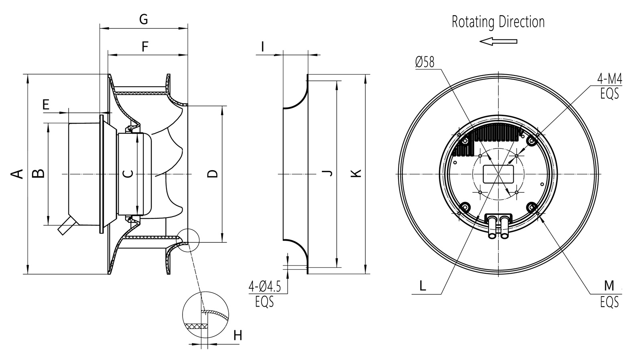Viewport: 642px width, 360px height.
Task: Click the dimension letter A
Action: pyautogui.click(x=16, y=174)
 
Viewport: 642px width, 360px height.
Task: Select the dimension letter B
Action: pyautogui.click(x=38, y=173)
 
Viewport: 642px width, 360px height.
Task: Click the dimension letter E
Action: pyautogui.click(x=46, y=105)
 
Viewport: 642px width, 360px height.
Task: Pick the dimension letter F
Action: pyautogui.click(x=145, y=47)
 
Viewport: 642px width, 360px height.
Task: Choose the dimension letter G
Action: pyautogui.click(x=143, y=19)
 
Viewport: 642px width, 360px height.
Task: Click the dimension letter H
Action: pyautogui.click(x=238, y=336)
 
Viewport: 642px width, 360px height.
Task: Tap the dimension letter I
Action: pyautogui.click(x=262, y=47)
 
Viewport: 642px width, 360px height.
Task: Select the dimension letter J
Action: pyautogui.click(x=328, y=173)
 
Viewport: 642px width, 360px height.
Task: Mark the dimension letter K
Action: pyautogui.click(x=356, y=173)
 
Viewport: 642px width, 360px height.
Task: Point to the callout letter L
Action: pyautogui.click(x=423, y=286)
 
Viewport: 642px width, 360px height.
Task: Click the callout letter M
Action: pyautogui.click(x=609, y=286)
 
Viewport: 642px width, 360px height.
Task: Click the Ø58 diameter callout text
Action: pyautogui.click(x=425, y=62)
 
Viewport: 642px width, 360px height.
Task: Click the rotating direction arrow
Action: pyautogui.click(x=498, y=41)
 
